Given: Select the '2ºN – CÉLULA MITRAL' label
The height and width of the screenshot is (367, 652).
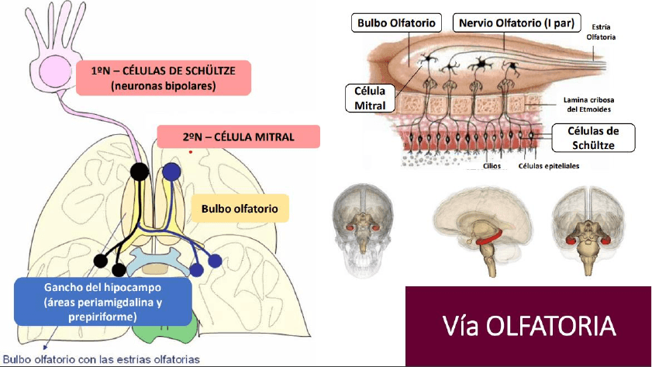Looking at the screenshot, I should coord(238,137).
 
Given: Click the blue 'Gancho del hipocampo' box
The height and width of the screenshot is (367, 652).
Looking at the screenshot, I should coord(103,302).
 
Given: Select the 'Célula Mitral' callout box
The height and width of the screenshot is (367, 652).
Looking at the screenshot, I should coord(376,99).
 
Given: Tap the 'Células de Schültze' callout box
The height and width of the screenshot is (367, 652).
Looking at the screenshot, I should coord(594,137).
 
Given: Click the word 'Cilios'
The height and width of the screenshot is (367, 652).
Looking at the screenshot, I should coord(491,165).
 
